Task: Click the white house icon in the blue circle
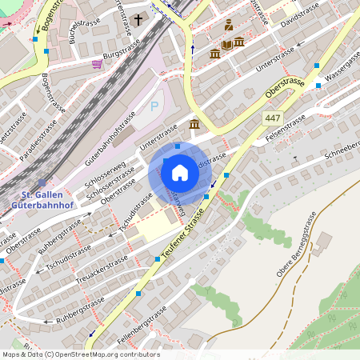pyautogui.click(x=180, y=173)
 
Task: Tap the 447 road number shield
pyautogui.click(x=274, y=118)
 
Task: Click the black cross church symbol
pyautogui.click(x=138, y=18)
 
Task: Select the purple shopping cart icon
pyautogui.click(x=97, y=63)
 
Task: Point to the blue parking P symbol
pyautogui.click(x=154, y=106)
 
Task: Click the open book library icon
pyautogui.click(x=227, y=44)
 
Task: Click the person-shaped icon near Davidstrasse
pyautogui.click(x=229, y=25)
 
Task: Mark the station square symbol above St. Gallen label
pyautogui.click(x=42, y=183)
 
